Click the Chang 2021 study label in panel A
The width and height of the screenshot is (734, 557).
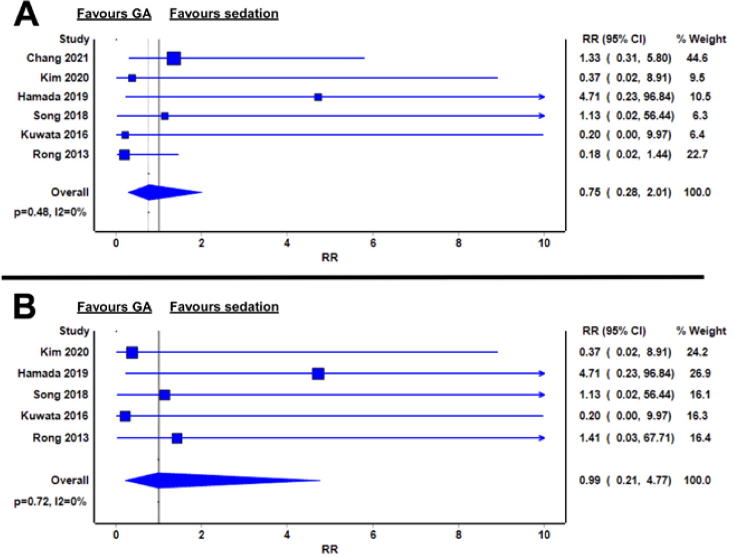tap(57, 58)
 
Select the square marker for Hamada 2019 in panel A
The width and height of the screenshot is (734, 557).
tap(318, 97)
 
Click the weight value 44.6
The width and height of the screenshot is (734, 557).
tap(697, 58)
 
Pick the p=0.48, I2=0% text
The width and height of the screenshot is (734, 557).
tap(50, 212)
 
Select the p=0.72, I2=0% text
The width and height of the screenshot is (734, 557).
tap(50, 502)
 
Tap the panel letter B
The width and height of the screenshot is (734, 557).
tap(25, 307)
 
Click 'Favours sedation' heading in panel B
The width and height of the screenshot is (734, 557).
tap(224, 307)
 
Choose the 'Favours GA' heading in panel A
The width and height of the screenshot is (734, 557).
tap(114, 13)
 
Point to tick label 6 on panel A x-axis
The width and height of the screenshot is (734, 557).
tap(373, 243)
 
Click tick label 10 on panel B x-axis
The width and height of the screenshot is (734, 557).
tap(544, 535)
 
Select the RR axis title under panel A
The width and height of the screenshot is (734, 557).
tap(330, 258)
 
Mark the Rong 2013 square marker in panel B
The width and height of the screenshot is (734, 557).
tap(177, 438)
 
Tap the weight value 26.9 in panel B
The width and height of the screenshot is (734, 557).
tap(700, 373)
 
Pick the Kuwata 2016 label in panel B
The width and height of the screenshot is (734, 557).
tap(54, 416)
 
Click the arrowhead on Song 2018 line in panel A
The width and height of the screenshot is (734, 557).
tap(542, 116)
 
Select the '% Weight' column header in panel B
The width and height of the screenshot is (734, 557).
tap(701, 331)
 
